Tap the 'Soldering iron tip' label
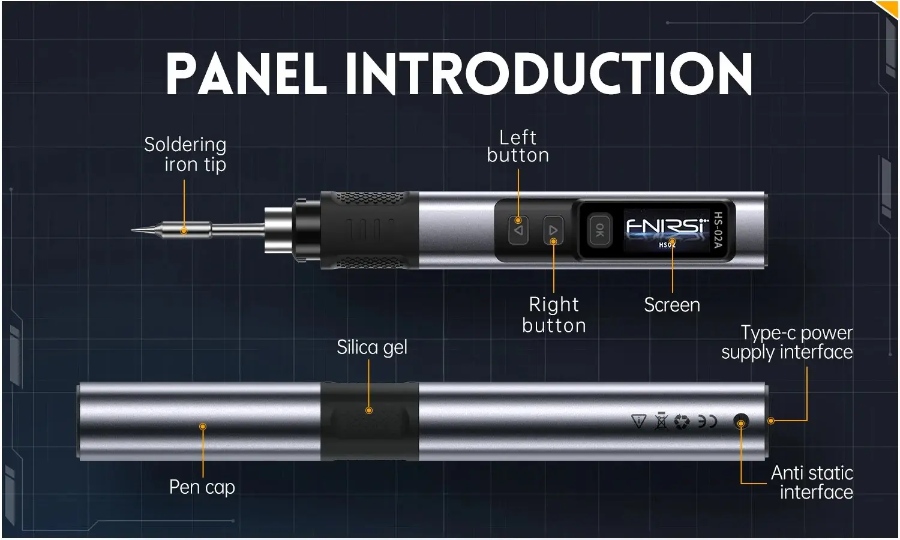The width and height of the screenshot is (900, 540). click(185, 154)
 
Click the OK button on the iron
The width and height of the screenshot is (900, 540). click(599, 230)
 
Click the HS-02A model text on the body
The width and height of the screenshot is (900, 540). click(718, 230)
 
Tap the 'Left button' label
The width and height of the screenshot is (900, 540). click(518, 146)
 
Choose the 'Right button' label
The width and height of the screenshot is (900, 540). click(554, 314)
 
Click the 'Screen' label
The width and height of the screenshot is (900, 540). click(672, 305)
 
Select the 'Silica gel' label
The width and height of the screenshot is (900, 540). click(372, 347)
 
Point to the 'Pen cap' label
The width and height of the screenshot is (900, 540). click(202, 487)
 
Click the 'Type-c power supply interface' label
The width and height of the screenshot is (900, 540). click(787, 343)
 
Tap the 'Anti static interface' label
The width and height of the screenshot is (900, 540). click(812, 482)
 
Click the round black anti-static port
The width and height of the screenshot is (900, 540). click(742, 421)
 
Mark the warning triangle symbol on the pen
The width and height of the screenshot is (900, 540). click(639, 422)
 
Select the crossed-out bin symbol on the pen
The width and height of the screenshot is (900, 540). click(661, 422)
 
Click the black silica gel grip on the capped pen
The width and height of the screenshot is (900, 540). click(369, 421)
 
